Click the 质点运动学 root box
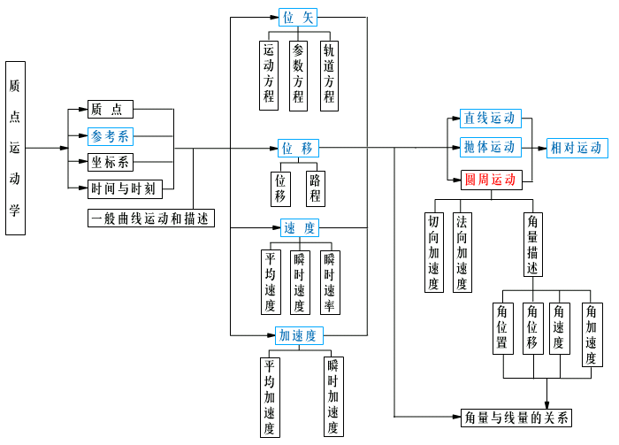pos(15,148)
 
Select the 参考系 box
pos(111,136)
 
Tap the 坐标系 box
pos(111,162)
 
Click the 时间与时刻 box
pos(124,188)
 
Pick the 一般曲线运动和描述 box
pos(151,219)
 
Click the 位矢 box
pos(298,17)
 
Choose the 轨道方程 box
pos(329,74)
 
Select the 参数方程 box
pos(299,74)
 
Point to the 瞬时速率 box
pos(329,282)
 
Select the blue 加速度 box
pos(297,335)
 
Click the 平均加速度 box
pos(269,396)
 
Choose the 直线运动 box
pos(490,118)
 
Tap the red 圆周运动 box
pos(490,180)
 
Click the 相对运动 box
pos(576,148)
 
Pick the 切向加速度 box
pos(433,252)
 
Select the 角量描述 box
pos(533,243)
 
